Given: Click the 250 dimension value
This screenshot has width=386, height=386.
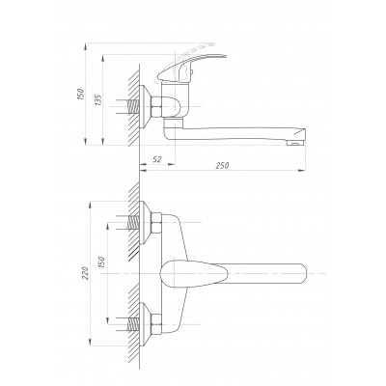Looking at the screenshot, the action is (x=222, y=165).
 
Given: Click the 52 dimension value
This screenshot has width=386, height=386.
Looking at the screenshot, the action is (x=157, y=159).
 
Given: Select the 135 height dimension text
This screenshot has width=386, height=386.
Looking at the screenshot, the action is (x=98, y=100).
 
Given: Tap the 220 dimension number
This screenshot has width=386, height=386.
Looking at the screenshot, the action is (x=86, y=273).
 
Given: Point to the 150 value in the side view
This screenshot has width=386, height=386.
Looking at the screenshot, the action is (x=80, y=94).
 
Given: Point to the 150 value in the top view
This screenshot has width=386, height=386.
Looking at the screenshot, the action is (x=101, y=262).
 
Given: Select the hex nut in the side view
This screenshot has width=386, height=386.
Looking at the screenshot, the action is (x=156, y=106).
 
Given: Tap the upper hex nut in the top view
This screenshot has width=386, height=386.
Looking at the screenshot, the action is (x=156, y=223).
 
